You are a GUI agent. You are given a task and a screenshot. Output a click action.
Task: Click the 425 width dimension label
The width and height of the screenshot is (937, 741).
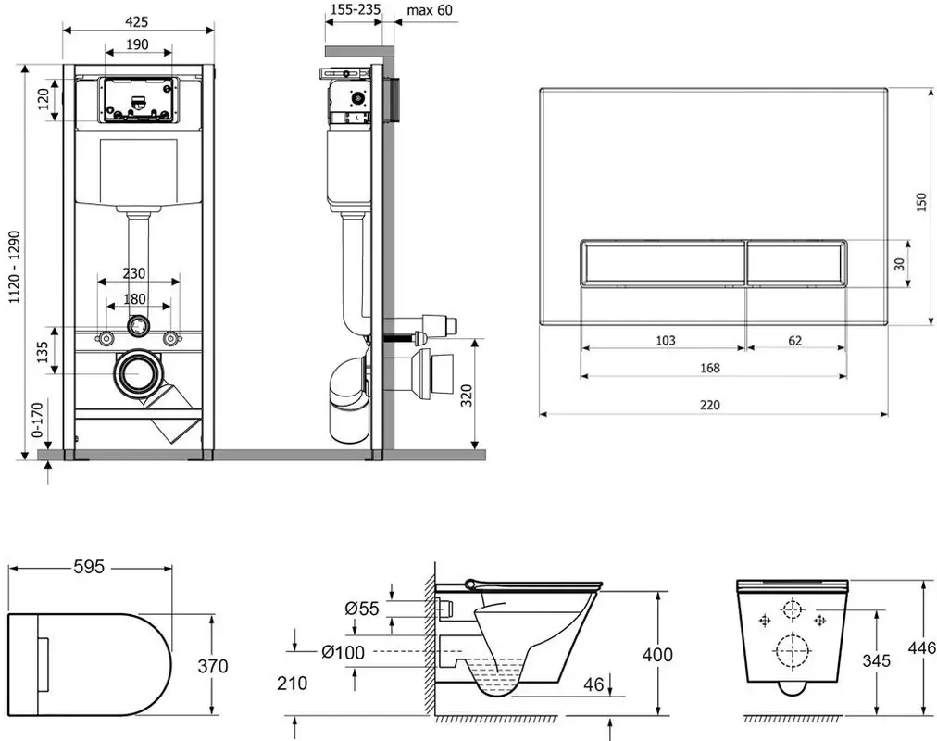tap(137, 22)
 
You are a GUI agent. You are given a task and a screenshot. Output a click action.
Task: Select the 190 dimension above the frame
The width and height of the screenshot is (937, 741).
tap(137, 44)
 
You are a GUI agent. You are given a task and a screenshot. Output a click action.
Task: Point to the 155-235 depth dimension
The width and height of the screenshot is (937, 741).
tap(356, 9)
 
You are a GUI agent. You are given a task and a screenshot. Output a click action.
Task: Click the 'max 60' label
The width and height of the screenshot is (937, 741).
tap(430, 10)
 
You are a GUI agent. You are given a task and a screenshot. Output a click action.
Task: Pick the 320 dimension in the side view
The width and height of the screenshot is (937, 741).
tap(467, 396)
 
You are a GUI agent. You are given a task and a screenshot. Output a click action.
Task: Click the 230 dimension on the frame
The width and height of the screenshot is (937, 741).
tap(134, 273)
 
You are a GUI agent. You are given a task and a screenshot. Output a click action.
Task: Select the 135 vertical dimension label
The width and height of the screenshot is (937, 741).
tap(43, 353)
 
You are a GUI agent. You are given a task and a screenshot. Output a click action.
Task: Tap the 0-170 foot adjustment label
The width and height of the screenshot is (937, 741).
tap(38, 421)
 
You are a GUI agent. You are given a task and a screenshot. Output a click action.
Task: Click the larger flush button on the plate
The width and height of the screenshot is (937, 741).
tap(663, 263)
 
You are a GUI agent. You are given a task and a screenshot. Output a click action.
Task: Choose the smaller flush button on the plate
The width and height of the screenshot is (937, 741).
tap(796, 263)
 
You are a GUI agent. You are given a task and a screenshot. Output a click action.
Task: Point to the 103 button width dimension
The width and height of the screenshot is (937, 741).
tap(666, 341)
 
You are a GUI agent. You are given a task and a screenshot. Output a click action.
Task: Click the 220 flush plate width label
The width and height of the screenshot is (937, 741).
tap(710, 405)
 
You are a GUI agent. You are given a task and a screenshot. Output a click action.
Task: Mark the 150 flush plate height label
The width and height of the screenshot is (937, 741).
tap(921, 202)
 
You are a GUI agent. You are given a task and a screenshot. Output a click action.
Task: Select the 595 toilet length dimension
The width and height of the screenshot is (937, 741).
tap(89, 567)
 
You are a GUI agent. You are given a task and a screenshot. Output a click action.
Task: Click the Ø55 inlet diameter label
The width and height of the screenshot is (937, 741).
tap(362, 609)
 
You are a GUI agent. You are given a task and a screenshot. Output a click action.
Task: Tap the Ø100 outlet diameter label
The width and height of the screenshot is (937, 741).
tap(343, 652)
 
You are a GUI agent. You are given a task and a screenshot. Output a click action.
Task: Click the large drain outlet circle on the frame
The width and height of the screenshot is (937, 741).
tap(138, 373)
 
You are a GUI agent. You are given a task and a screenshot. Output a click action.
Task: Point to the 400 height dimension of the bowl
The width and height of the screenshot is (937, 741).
tap(657, 655)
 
